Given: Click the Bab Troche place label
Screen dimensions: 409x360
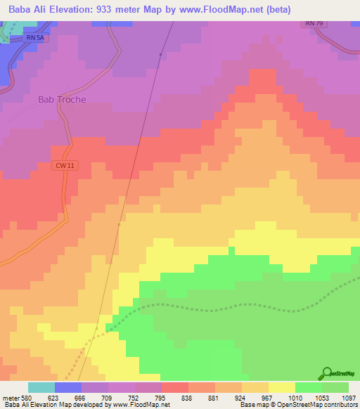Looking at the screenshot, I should tap(62, 100).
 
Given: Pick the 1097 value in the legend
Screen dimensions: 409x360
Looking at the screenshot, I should tap(349, 397).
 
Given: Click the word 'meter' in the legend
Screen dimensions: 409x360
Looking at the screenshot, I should tap(11, 397).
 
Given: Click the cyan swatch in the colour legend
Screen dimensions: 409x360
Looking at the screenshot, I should tap(41, 387).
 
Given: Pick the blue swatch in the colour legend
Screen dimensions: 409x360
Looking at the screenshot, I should tap(68, 387).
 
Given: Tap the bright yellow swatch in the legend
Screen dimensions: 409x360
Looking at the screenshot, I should tap(282, 387).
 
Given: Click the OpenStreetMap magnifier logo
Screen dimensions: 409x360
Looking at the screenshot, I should tap(326, 373).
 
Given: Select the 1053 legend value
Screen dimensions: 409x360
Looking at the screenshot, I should tap(322, 397).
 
